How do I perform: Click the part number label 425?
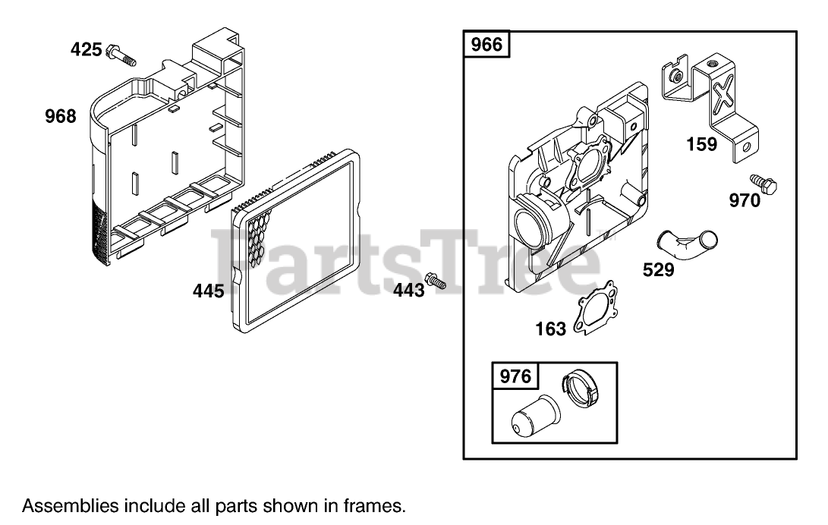point(86,50)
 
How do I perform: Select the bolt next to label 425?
point(121,55)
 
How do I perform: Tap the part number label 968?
point(61,116)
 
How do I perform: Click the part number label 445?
point(209,290)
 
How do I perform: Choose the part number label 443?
point(408,290)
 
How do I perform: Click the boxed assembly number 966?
point(486,45)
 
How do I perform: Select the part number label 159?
point(701,143)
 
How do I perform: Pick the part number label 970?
point(745,201)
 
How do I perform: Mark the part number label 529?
point(658,269)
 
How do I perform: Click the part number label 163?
point(550,328)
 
